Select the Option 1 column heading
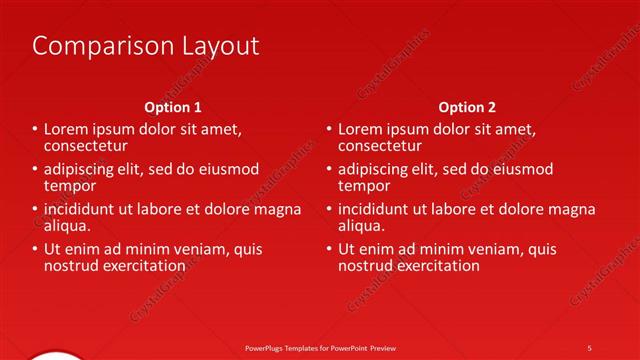point(173,107)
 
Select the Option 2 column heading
point(466,107)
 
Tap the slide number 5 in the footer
point(589,347)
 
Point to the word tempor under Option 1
point(70,186)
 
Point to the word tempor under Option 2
point(364,186)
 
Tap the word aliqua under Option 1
point(68,226)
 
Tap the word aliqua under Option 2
point(362,226)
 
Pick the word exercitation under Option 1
point(141,266)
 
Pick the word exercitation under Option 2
point(435,266)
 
